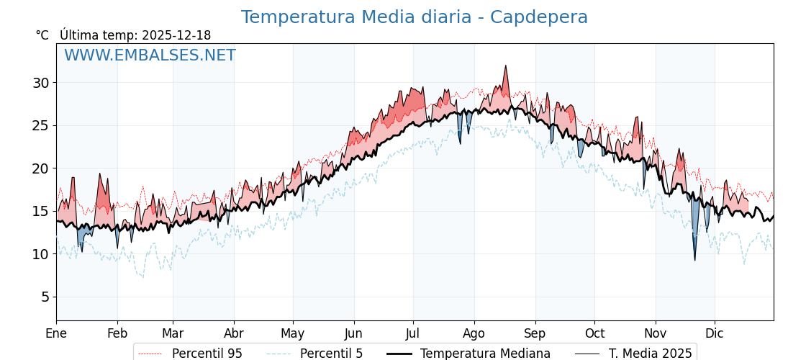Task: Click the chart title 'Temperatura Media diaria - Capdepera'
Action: click(414, 17)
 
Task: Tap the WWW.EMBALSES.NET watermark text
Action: click(150, 55)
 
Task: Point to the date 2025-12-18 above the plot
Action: click(176, 35)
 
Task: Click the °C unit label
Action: click(42, 35)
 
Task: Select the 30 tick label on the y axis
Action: click(40, 83)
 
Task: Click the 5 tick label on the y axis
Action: click(45, 297)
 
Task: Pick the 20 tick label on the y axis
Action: click(40, 168)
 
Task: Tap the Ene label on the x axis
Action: click(56, 333)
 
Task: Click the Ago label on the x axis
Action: click(474, 333)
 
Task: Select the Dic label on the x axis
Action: click(715, 333)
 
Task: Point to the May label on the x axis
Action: click(293, 333)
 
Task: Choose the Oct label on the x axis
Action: click(594, 333)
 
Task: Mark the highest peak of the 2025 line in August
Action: click(506, 66)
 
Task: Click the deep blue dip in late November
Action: click(695, 259)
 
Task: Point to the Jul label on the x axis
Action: click(413, 333)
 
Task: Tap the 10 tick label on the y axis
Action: click(40, 254)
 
